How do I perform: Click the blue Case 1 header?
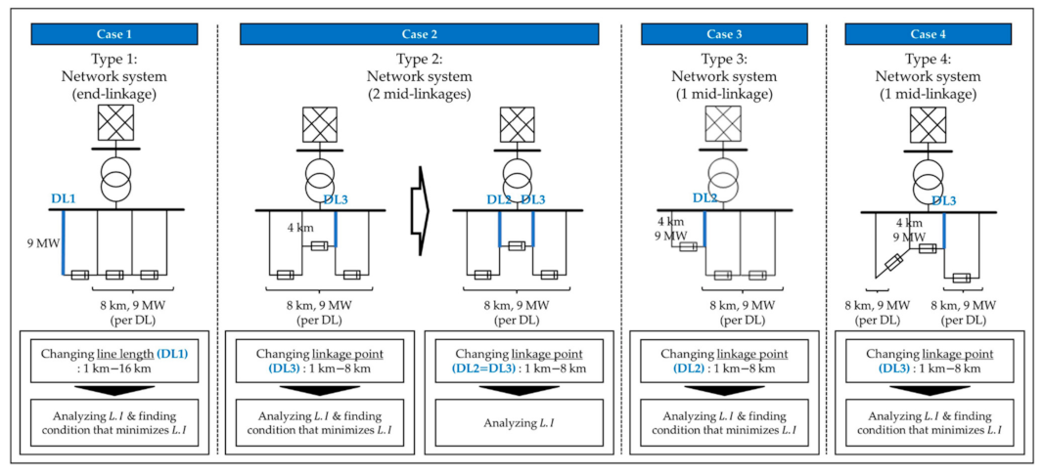[x=112, y=33]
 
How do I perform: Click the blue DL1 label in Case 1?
[x=65, y=198]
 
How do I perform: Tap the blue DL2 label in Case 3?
[x=704, y=198]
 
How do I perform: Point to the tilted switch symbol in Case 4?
[x=892, y=263]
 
